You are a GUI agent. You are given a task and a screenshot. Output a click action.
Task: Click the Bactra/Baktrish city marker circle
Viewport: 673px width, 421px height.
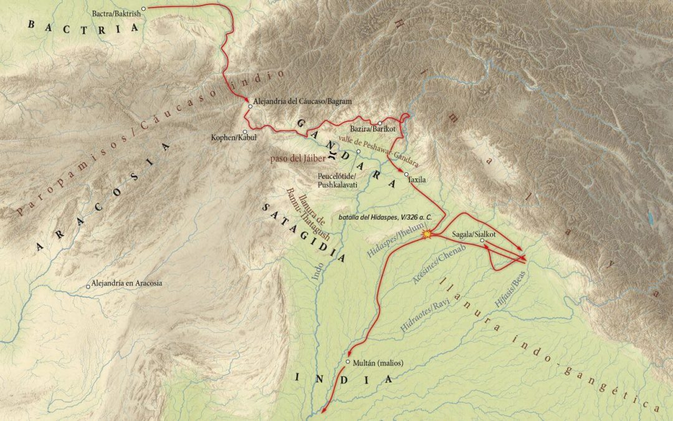pos(143,9)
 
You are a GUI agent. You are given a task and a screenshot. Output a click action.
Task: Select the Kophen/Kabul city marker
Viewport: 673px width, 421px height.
pos(244,132)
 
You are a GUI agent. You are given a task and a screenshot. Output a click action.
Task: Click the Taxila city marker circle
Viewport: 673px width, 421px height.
pos(406,174)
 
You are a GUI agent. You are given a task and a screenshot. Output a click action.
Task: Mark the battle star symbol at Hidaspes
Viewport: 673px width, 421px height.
pos(427,235)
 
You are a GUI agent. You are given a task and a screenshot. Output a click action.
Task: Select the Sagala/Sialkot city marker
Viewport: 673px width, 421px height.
pos(482,240)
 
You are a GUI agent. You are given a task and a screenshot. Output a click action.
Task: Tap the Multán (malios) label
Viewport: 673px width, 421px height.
pos(371,362)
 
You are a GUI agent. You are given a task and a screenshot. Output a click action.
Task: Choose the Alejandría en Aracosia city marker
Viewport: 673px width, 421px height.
pos(88,287)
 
